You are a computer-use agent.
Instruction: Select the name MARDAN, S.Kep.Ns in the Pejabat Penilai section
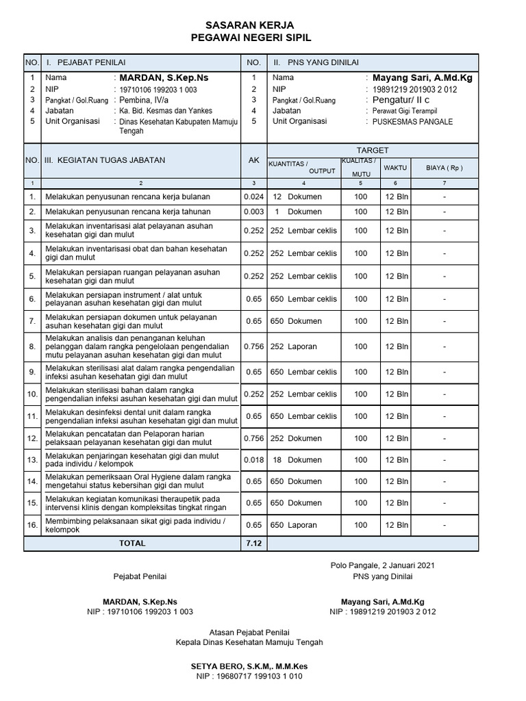(164, 78)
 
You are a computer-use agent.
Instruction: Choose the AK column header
(253, 160)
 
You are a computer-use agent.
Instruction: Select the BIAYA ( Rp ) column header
(444, 167)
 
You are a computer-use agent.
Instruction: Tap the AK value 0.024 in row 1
(253, 196)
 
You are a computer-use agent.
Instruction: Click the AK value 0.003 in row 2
(253, 212)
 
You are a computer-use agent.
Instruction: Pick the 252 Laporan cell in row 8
(294, 346)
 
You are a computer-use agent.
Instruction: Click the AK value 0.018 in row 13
(253, 460)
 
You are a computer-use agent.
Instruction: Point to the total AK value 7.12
(253, 543)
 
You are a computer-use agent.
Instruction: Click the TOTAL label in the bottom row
(132, 543)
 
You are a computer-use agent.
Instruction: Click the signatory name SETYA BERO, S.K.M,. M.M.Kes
(249, 666)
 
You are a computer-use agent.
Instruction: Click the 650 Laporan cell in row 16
(294, 525)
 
